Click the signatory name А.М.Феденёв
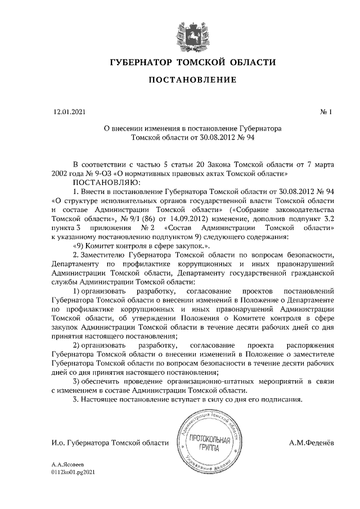point(311,443)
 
